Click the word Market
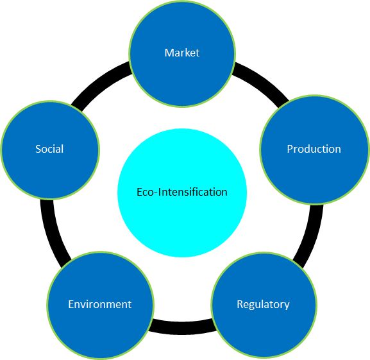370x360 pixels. pos(182,53)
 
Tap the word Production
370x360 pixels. pos(314,149)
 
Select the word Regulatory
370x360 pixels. pos(263,305)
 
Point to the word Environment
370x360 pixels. pos(100,304)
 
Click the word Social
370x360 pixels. pos(49,149)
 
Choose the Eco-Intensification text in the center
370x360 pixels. pos(182,192)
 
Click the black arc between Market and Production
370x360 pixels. pos(262,83)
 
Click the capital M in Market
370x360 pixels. pos(169,53)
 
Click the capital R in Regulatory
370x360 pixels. pos(240,304)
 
